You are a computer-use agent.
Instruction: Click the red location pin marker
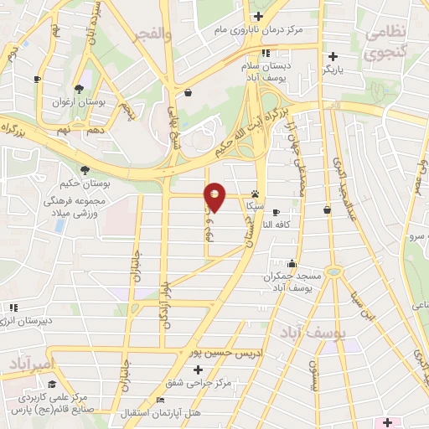(215, 199)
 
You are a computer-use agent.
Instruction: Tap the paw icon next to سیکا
(255, 193)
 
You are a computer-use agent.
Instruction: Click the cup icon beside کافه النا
(276, 212)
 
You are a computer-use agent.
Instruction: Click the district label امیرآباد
(32, 363)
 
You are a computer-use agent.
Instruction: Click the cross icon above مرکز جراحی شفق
(198, 370)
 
